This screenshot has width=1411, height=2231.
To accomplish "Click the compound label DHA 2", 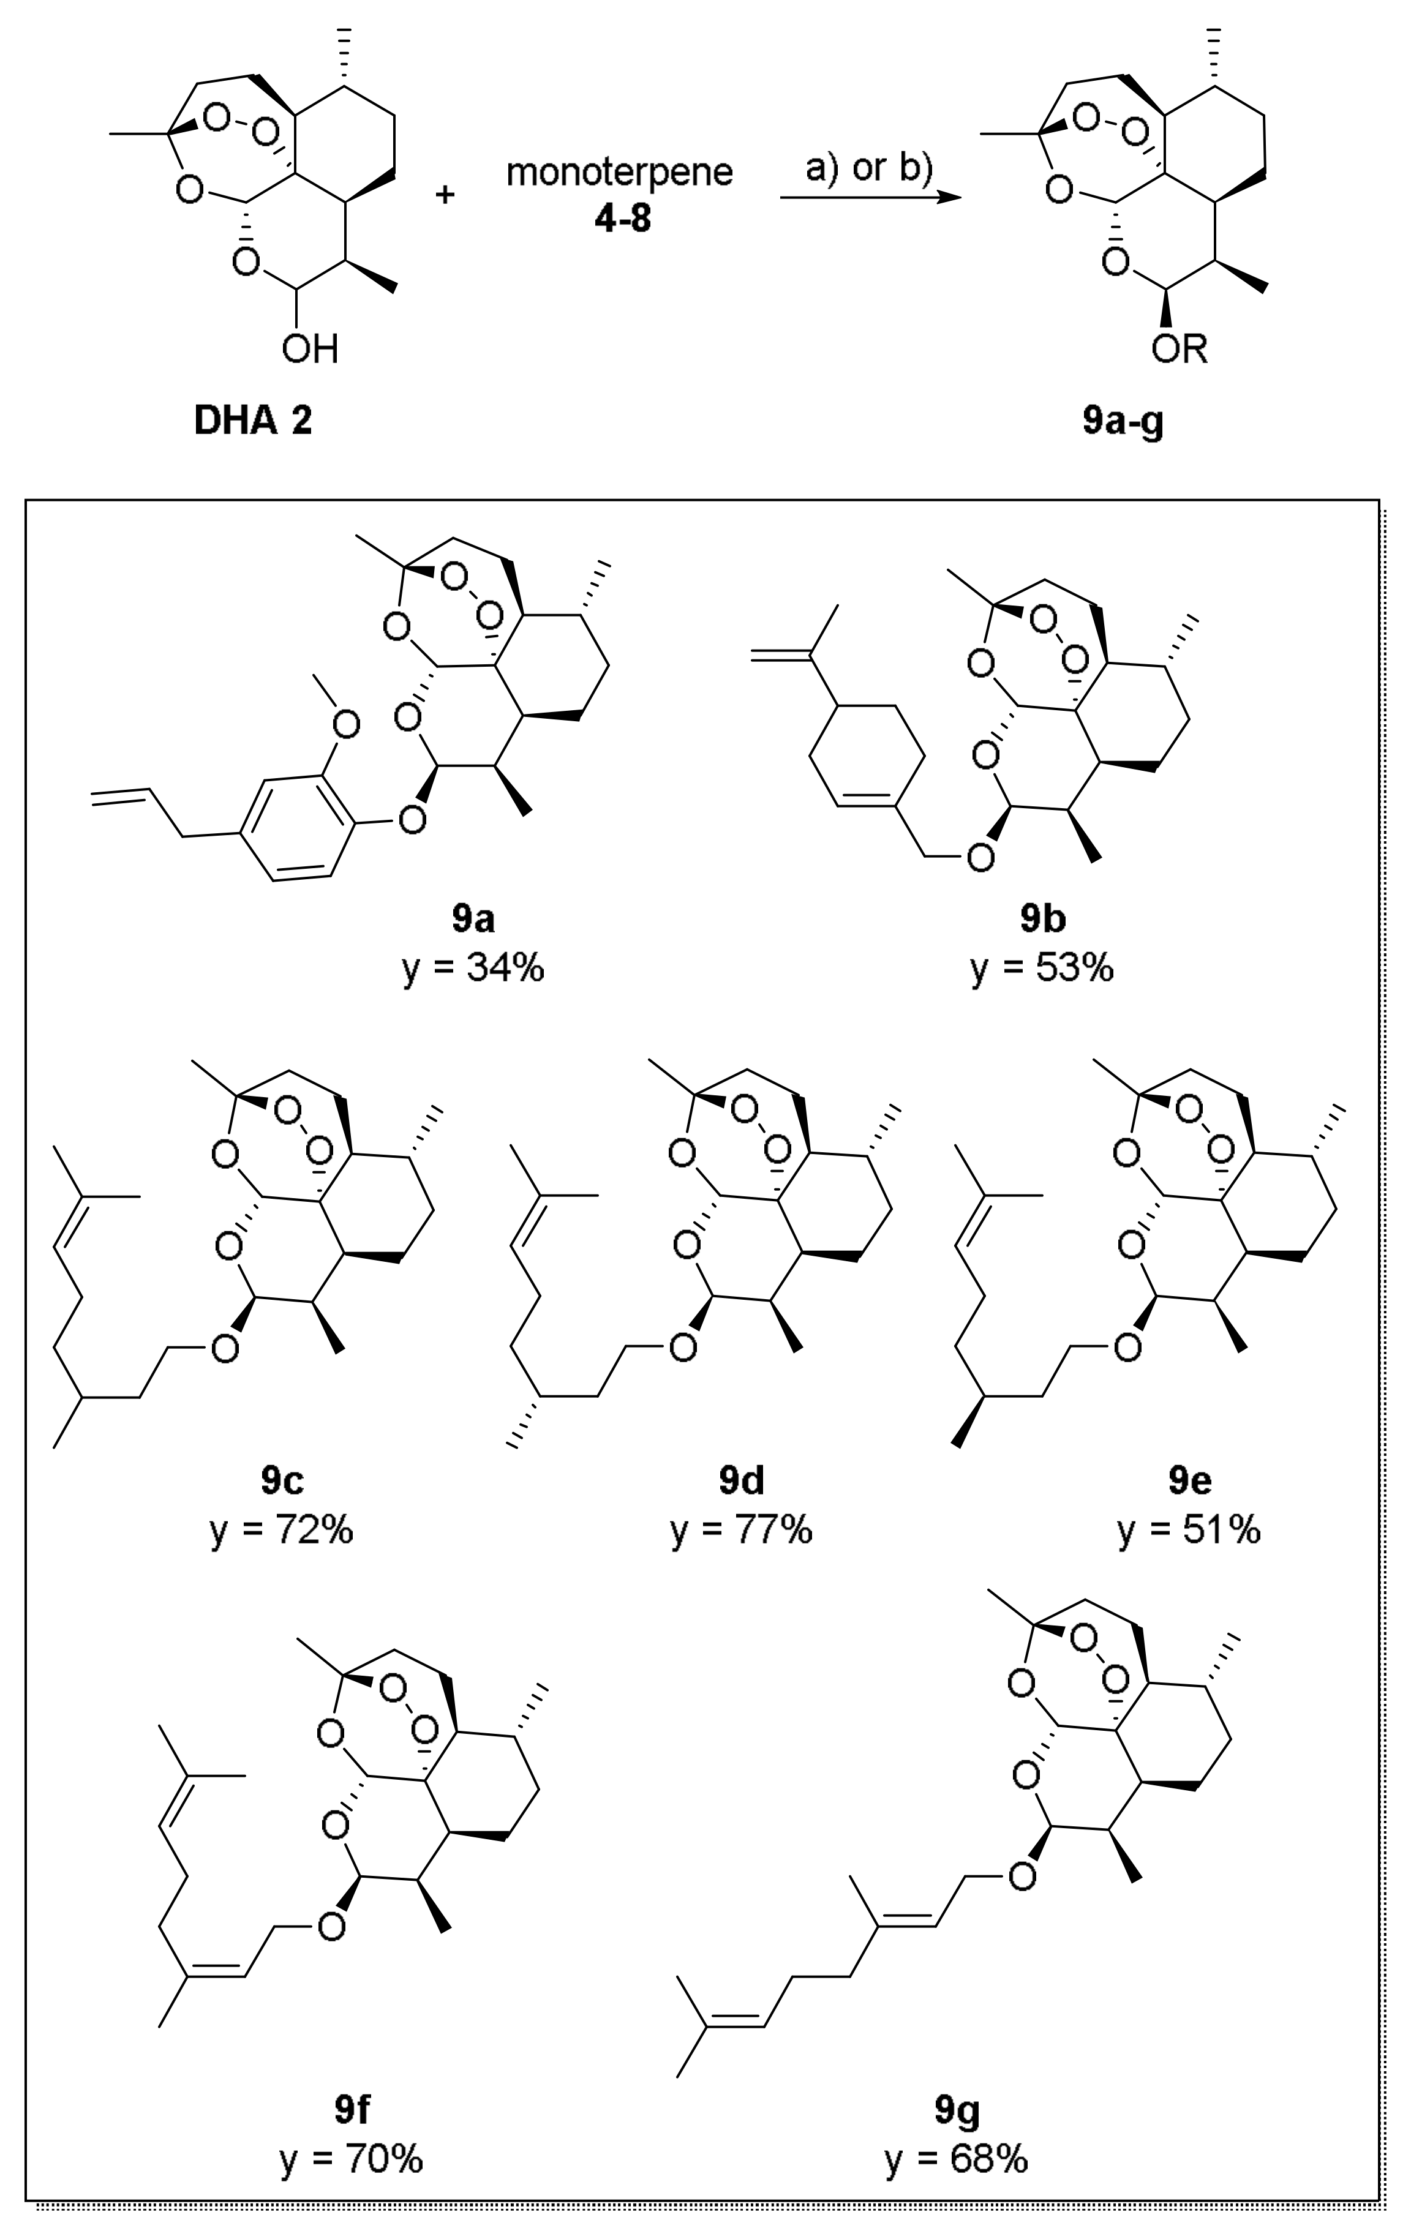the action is [x=253, y=422].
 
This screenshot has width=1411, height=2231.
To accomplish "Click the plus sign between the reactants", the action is [x=446, y=195].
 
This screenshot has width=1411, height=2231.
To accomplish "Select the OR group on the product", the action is [x=1180, y=350].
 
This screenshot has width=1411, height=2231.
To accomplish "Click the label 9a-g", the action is [x=1123, y=422].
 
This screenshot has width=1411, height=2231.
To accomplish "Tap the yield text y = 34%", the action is [x=473, y=968].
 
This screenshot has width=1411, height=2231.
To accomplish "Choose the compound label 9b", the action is [x=1043, y=919].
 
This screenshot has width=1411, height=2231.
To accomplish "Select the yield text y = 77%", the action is [x=742, y=1531].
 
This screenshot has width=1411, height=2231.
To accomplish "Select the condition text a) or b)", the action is [x=868, y=170].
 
